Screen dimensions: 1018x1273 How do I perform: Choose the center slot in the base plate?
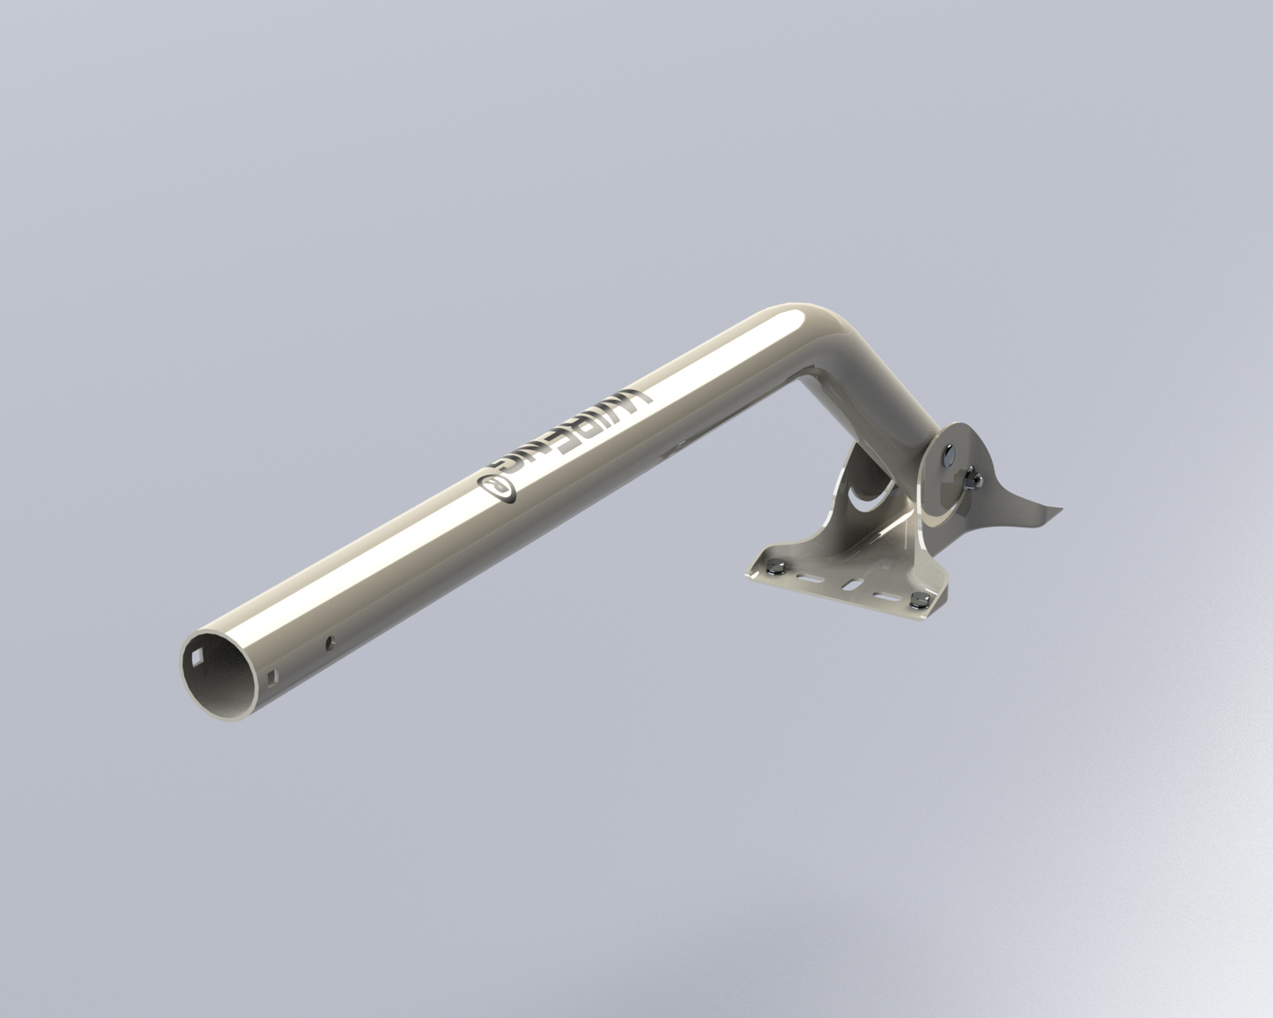[851, 584]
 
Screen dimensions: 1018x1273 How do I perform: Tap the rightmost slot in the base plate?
[885, 596]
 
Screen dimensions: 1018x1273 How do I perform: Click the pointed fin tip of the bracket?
[1062, 508]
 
